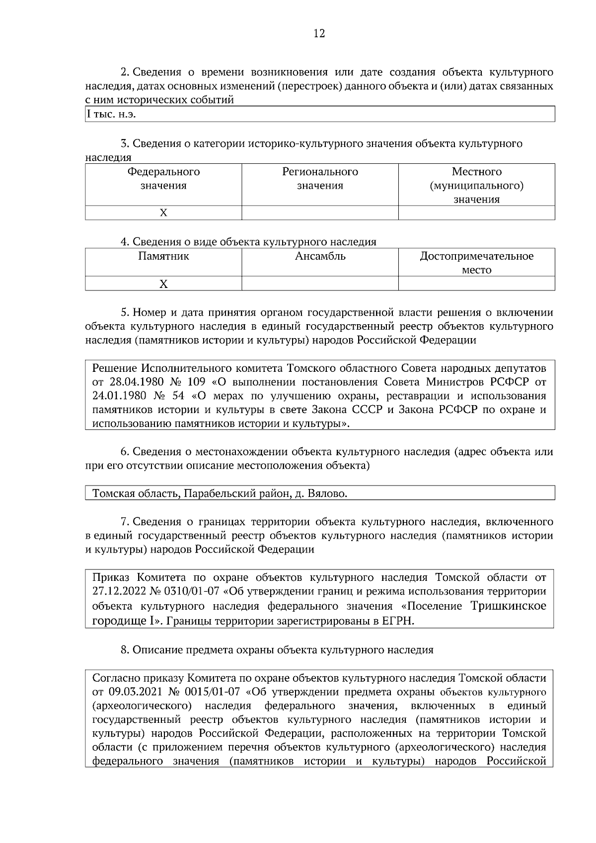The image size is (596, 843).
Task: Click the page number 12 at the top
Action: pos(319,34)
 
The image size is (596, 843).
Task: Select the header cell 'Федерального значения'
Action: pos(163,179)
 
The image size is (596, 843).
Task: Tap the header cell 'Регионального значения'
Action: pos(320,179)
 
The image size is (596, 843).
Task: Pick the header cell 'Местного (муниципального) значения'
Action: pos(476,186)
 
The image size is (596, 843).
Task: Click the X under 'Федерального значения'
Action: pos(163,213)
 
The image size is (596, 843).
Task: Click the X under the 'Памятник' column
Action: pos(163,284)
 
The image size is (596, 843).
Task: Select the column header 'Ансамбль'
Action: pos(320,256)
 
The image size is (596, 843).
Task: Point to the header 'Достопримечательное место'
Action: pos(476,263)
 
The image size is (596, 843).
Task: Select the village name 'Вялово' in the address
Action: pos(327,494)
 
